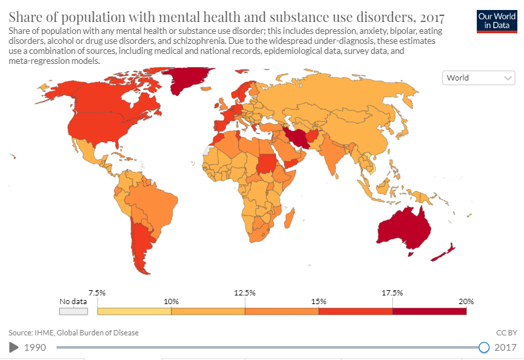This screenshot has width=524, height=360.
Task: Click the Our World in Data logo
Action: (x=497, y=21)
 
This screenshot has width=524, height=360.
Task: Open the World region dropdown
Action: (x=479, y=78)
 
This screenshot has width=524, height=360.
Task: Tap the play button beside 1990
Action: (x=13, y=347)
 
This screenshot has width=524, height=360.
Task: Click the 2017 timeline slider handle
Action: (x=484, y=347)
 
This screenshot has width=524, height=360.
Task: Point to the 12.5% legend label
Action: (x=245, y=293)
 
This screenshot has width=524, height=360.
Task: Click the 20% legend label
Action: (x=466, y=301)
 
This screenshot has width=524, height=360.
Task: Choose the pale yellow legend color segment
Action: (x=134, y=311)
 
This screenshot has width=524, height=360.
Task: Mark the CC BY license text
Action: (x=506, y=332)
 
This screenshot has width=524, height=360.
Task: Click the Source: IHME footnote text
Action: (x=74, y=332)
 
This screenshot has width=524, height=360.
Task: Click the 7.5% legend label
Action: (x=97, y=293)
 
